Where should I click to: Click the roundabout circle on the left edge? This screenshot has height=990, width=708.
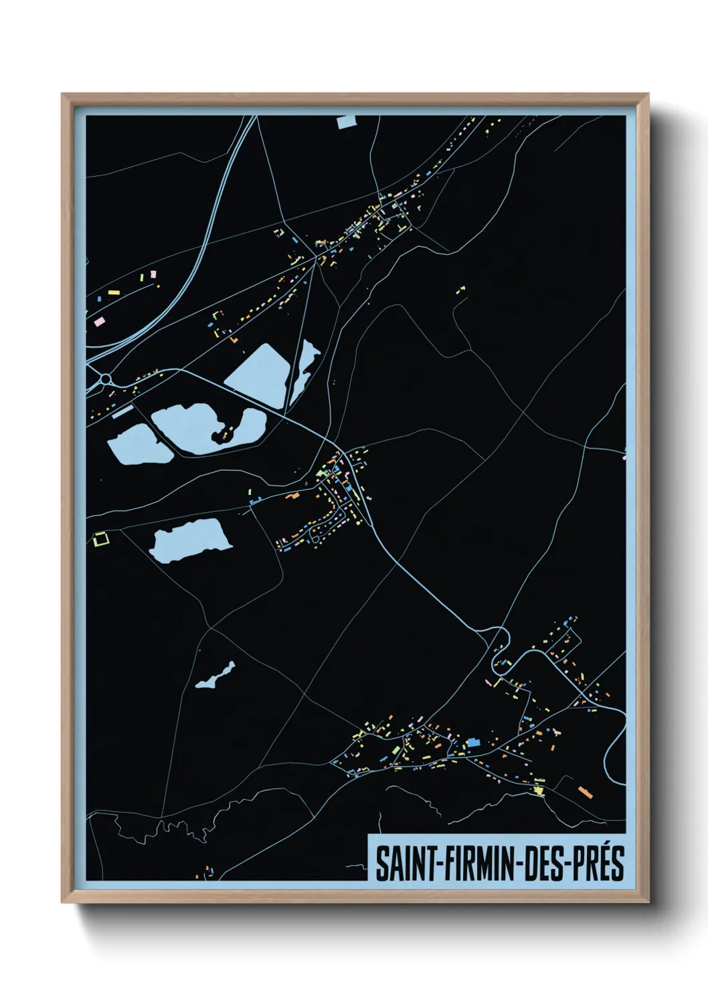tap(105, 379)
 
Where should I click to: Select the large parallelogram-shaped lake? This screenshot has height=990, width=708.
tap(257, 375)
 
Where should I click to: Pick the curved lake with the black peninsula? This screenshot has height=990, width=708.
tap(201, 428)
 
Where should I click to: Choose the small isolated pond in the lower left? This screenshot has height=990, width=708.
tap(216, 676)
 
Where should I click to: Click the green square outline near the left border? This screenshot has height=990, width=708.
tap(101, 538)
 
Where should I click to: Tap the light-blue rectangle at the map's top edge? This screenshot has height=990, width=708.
tap(347, 121)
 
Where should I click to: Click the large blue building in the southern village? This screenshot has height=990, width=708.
tap(473, 742)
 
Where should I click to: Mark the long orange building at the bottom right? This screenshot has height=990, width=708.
tap(586, 792)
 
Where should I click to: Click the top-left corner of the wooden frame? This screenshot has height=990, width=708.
tap(63, 95)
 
